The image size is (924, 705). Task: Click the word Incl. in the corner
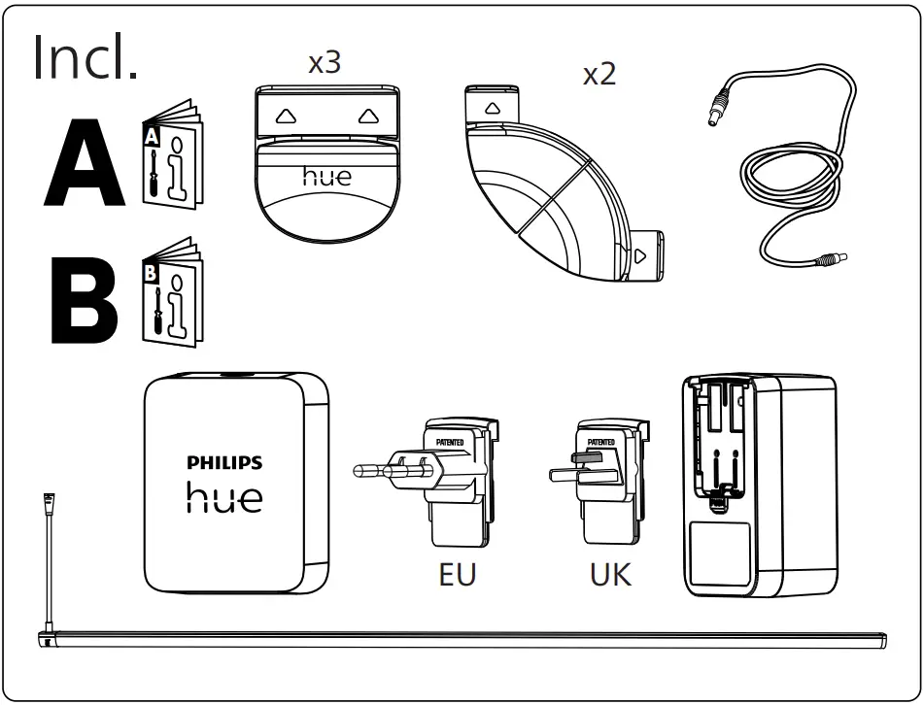(86, 57)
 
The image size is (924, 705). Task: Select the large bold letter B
(84, 298)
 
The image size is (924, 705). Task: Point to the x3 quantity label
(325, 64)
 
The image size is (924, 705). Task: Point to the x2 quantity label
(599, 75)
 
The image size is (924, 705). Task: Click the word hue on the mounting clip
(326, 176)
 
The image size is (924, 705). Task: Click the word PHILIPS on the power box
(224, 463)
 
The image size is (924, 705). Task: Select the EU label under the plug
(458, 574)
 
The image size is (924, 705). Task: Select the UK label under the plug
(610, 574)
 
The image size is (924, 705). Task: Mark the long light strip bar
(466, 639)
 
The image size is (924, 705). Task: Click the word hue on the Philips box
(224, 497)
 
